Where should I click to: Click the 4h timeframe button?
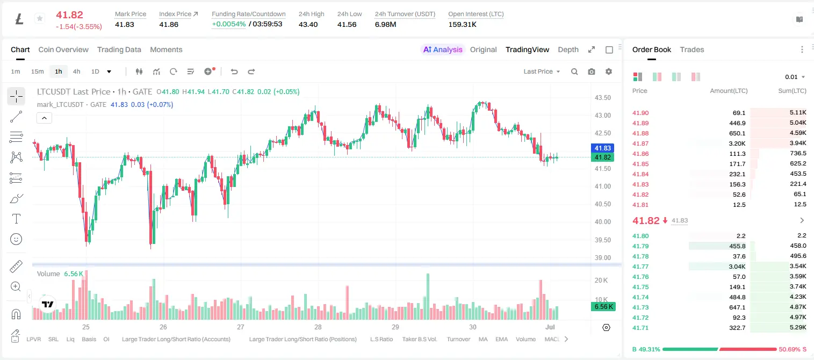[x=76, y=71]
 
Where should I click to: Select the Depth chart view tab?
[x=568, y=50]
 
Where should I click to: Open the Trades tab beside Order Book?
[x=692, y=50]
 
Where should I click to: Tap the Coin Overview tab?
[x=63, y=50]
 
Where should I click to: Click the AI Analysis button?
[x=443, y=50]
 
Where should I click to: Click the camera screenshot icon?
[x=592, y=71]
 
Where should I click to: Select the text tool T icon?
[x=16, y=219]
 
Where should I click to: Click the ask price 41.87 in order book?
[x=640, y=143]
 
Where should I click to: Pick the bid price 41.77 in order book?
[x=640, y=267]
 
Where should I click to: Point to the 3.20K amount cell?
[x=737, y=143]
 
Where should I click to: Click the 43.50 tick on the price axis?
[x=602, y=98]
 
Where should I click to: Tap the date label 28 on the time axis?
[x=318, y=327]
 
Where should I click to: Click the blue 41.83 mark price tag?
[x=602, y=148]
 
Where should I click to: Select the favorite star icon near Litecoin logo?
[x=40, y=18]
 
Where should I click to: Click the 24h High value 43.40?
[x=308, y=24]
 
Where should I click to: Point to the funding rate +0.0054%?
[x=229, y=24]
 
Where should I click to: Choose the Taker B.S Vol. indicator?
[x=419, y=339]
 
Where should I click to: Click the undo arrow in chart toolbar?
[x=234, y=71]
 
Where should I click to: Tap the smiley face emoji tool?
[x=16, y=239]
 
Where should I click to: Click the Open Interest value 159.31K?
[x=462, y=24]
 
